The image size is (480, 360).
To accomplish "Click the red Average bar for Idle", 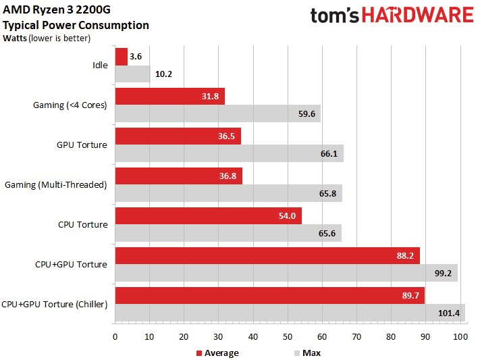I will point(122,57).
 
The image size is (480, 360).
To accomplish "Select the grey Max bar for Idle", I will point(132,74).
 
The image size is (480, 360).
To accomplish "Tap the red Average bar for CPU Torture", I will point(208,216).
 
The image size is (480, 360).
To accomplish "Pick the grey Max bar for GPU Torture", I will point(230,153).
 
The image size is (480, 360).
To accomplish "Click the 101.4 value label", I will point(447,313).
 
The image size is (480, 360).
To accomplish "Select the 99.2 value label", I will point(444,273).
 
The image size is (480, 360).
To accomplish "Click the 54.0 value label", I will point(289,216).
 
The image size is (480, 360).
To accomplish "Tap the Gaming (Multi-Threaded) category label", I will point(56,184).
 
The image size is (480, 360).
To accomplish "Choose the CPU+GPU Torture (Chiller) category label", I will point(55,304).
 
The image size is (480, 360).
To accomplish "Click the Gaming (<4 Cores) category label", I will point(70,105).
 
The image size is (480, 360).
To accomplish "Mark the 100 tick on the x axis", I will point(460,336).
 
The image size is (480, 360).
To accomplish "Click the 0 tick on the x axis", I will point(115,336).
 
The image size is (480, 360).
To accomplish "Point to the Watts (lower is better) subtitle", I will point(46,37).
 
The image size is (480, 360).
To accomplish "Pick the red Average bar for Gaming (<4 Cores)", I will point(170,97).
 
